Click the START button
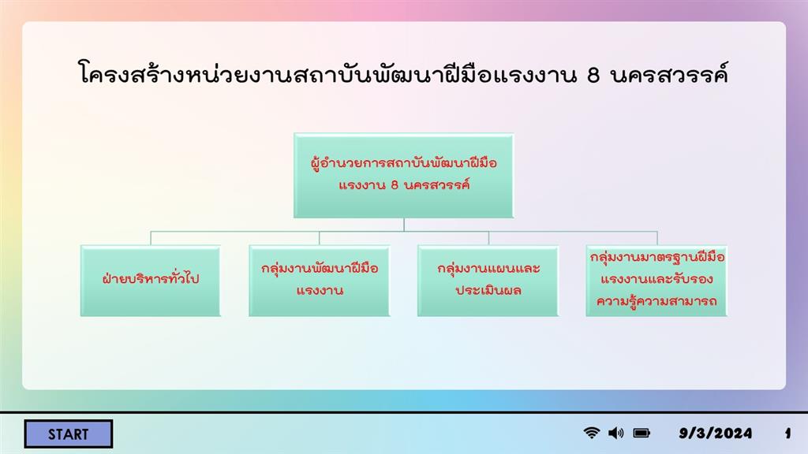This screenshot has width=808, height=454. click(68, 434)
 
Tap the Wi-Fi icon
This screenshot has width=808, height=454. click(592, 433)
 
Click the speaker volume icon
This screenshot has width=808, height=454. click(615, 433)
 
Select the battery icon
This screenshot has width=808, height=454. click(642, 433)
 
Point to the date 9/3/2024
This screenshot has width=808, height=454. click(715, 434)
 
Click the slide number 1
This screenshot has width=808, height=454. click(788, 434)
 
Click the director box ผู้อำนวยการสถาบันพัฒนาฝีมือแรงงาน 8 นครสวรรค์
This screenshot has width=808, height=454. click(403, 176)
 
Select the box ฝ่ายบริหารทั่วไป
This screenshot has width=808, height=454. click(151, 281)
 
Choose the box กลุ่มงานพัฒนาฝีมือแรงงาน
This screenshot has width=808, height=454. click(319, 281)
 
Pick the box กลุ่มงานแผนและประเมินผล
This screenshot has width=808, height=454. click(488, 281)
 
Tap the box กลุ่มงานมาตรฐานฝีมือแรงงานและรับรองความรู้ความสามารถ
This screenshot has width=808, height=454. click(656, 281)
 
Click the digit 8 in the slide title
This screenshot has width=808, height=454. click(593, 75)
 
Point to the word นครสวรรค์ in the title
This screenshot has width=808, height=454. click(669, 73)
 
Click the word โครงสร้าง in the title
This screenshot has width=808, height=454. click(132, 73)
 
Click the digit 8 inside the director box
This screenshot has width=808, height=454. click(395, 185)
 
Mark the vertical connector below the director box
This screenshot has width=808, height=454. click(404, 225)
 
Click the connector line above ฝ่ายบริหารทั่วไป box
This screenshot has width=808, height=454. click(151, 238)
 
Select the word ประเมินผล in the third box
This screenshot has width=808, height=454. click(488, 290)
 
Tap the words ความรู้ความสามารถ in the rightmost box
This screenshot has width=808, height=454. click(656, 301)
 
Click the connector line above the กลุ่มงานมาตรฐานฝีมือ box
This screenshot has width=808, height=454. click(657, 238)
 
